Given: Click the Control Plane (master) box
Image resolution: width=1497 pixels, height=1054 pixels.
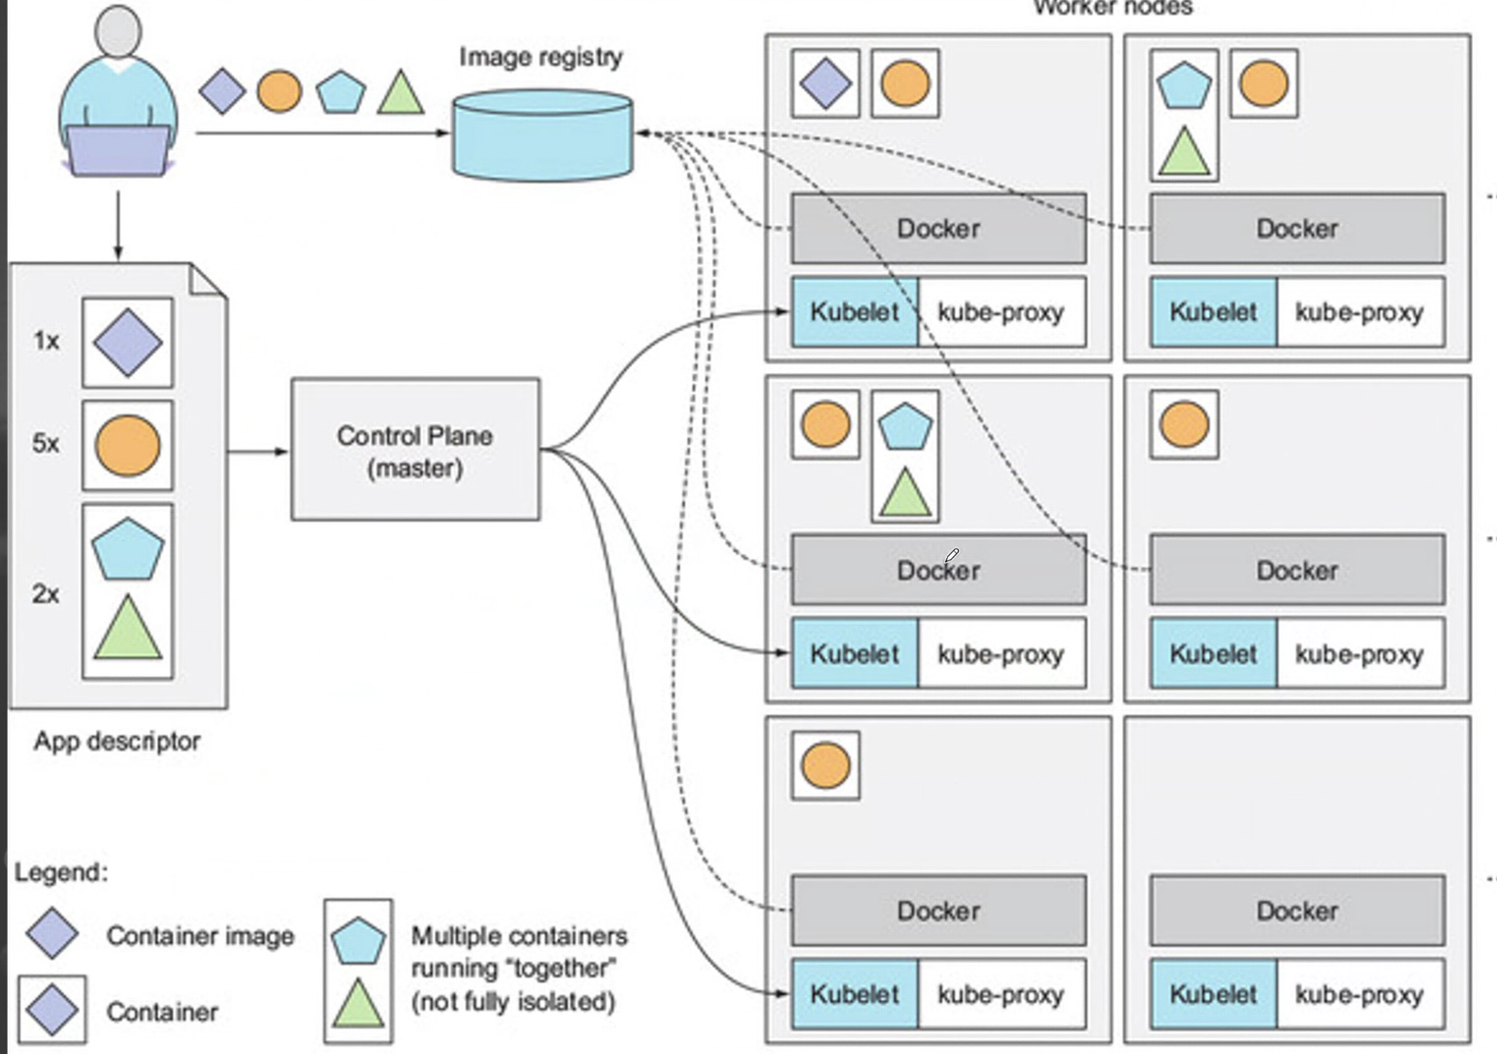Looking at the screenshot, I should (416, 450).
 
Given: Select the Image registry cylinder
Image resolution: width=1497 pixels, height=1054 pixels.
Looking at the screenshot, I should (542, 134).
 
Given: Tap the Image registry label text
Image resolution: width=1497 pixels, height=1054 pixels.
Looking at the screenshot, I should (540, 57).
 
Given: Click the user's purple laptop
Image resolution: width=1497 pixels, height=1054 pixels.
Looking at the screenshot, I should (118, 151).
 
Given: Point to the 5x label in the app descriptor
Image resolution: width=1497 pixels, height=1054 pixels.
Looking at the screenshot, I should (45, 443).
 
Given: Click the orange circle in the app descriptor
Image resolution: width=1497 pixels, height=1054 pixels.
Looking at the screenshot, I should (128, 445).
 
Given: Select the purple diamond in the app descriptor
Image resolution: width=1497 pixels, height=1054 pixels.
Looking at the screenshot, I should (128, 343).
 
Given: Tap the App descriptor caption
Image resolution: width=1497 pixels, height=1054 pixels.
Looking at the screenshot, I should (117, 741).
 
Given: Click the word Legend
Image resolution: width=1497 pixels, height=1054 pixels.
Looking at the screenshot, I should (61, 872).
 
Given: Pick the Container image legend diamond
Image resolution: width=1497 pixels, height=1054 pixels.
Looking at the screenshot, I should (52, 933).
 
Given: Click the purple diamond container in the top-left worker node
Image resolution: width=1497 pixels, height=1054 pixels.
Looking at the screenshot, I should (826, 84).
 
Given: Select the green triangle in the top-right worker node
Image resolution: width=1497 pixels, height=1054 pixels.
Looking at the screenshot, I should (1184, 153).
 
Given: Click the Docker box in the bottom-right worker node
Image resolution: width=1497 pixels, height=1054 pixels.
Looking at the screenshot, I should (1297, 910).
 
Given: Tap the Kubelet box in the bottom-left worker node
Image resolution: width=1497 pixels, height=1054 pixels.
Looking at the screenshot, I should (854, 994).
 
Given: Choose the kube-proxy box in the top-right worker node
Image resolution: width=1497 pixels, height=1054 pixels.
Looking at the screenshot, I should (1359, 312).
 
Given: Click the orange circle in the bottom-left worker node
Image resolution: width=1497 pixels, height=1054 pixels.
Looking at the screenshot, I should (826, 765).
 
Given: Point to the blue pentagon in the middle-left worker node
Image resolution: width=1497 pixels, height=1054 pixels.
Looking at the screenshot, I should (905, 426).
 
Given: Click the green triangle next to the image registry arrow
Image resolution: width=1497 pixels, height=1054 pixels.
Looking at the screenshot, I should (401, 93).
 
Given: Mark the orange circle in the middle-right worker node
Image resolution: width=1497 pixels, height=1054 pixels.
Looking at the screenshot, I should (1184, 425).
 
